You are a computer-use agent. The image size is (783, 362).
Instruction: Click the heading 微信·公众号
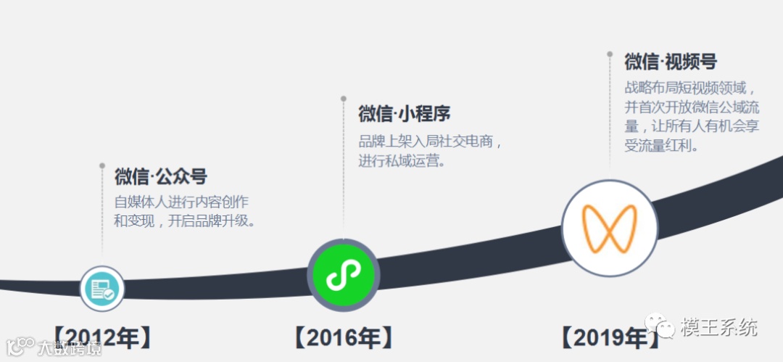tap(161, 176)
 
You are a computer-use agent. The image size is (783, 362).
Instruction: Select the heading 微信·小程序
tap(405, 114)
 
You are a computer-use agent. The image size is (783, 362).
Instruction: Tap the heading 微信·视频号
tap(671, 62)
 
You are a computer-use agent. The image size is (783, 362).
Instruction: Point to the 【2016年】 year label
tap(343, 337)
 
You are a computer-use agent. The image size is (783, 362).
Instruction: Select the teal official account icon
tap(102, 287)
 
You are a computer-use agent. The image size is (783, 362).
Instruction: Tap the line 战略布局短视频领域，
tap(691, 89)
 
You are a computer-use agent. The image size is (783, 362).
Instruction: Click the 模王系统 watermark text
tap(718, 327)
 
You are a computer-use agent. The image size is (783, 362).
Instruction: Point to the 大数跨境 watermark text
tap(70, 348)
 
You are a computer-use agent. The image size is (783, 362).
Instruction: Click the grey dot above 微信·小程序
tap(344, 99)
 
